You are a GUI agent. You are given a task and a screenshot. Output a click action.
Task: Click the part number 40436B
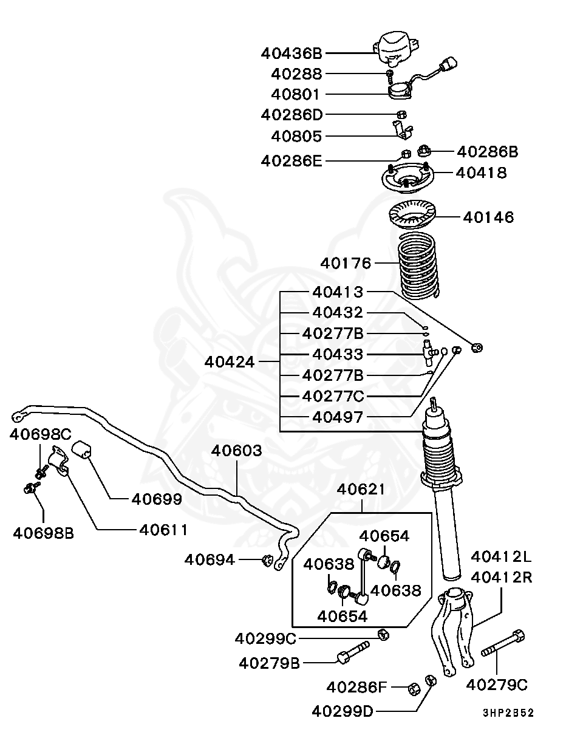pos(291,53)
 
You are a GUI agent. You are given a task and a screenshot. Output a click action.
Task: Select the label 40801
pos(296,94)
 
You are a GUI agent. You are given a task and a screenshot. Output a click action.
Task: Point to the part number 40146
pos(488,217)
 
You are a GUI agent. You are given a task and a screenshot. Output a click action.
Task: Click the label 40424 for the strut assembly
pos(230,362)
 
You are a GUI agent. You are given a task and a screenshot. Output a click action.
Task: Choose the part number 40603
pos(236,451)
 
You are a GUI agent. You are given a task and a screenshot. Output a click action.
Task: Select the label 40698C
pos(40,434)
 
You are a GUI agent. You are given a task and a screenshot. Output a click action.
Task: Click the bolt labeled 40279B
pos(353,652)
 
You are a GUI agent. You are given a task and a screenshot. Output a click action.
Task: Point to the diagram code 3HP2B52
pos(508,713)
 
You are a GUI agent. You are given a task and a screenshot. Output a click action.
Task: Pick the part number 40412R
pos(502,578)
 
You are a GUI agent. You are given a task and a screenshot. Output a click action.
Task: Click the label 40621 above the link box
pos(361,490)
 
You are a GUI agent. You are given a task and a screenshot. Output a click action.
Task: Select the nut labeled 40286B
pos(424,150)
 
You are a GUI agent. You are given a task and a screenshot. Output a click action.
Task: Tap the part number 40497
pos(338,417)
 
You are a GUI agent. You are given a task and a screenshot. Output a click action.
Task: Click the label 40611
pos(163,530)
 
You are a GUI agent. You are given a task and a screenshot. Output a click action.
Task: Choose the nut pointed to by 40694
pos(267,560)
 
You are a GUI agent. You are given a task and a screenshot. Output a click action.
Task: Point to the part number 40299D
pos(343,712)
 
